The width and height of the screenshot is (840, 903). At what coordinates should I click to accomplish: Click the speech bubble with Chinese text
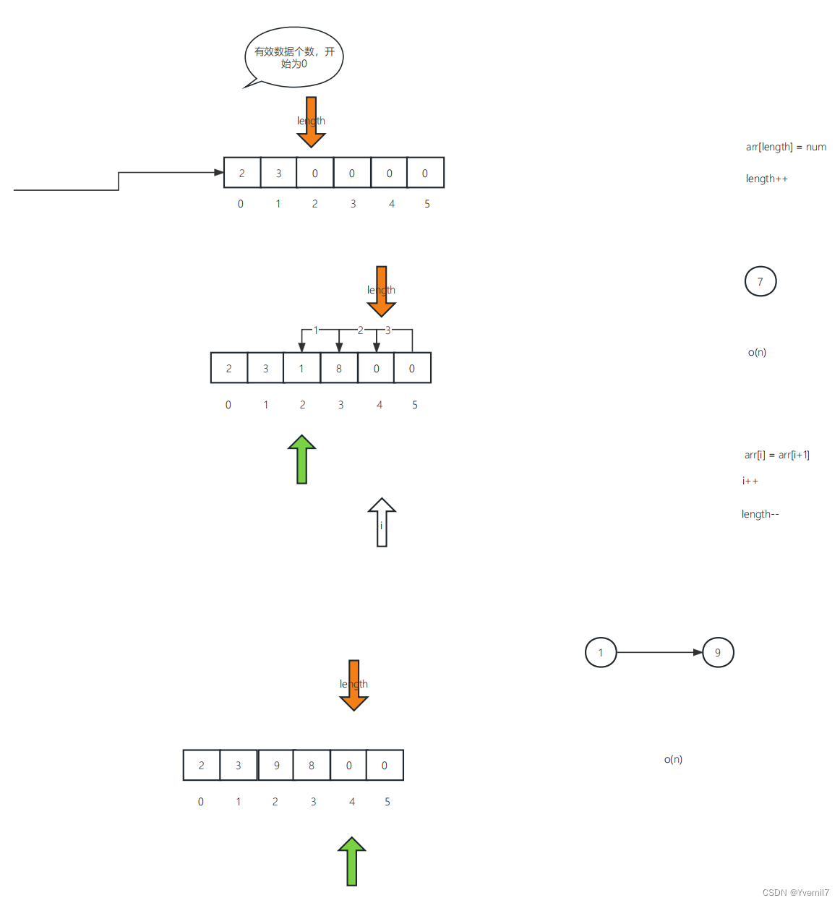[x=294, y=57]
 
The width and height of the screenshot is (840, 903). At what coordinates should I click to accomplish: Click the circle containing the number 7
[x=760, y=281]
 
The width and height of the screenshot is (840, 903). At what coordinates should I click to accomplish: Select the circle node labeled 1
[x=601, y=652]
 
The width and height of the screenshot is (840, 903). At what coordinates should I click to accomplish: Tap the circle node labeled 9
[x=718, y=652]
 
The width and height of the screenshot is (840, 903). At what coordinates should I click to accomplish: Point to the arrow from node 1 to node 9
[x=659, y=652]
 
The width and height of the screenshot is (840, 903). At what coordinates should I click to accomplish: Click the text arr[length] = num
[x=786, y=147]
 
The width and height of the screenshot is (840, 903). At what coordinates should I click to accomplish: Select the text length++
[x=766, y=179]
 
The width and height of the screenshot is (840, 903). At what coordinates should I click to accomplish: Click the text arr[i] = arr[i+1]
[x=776, y=455]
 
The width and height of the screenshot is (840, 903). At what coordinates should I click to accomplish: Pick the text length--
[x=760, y=514]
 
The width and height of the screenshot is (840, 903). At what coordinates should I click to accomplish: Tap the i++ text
[x=750, y=481]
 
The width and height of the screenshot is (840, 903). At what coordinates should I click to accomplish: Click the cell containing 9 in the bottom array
[x=276, y=765]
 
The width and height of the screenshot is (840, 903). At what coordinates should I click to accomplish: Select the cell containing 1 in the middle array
[x=301, y=368]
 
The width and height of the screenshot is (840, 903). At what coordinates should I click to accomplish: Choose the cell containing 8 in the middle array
[x=339, y=368]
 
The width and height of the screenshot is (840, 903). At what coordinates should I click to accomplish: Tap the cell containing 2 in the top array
[x=242, y=173]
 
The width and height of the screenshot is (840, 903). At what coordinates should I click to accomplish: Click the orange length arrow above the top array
[x=312, y=121]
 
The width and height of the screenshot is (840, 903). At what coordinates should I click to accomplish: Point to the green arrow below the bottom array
[x=352, y=861]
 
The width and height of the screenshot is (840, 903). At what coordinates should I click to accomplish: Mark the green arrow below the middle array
[x=302, y=459]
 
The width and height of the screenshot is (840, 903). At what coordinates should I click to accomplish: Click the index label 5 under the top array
[x=427, y=204]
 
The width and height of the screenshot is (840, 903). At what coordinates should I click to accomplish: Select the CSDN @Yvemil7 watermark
[x=795, y=892]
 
